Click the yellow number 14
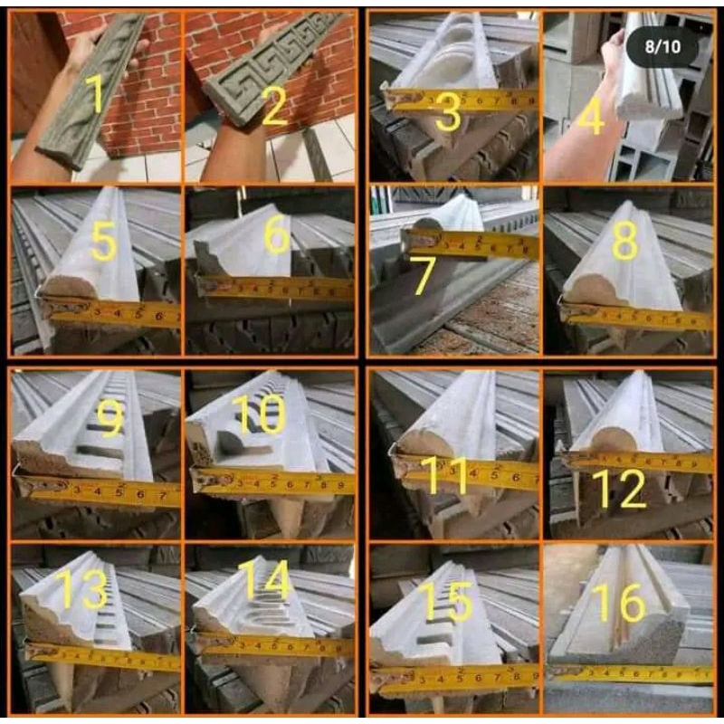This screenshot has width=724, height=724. click(262, 579)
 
